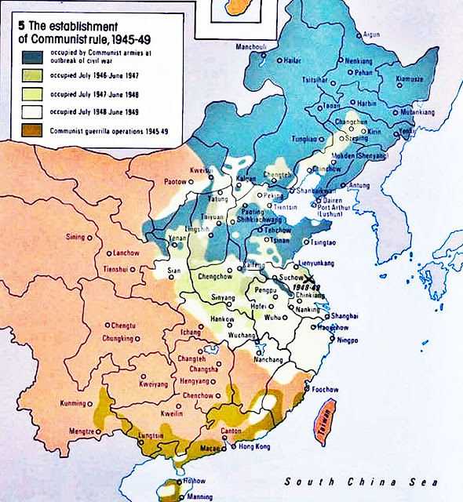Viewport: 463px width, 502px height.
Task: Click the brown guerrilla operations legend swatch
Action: [33, 132]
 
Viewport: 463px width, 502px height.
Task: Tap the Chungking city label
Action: [118, 339]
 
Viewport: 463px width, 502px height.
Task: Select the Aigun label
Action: [372, 35]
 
